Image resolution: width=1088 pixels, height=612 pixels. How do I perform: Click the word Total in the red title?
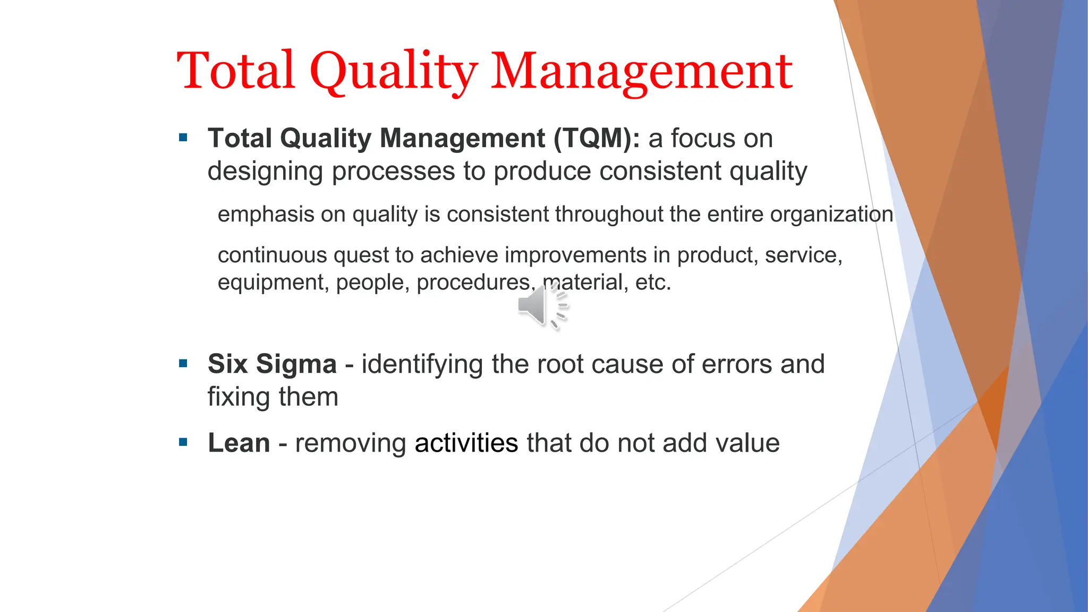pyautogui.click(x=236, y=70)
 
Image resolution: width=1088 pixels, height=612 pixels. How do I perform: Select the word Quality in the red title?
pyautogui.click(x=394, y=71)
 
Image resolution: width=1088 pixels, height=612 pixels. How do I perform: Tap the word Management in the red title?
pyautogui.click(x=641, y=71)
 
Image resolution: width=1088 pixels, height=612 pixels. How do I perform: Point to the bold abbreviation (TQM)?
pyautogui.click(x=597, y=138)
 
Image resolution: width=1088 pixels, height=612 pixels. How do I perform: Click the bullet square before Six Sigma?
pyautogui.click(x=183, y=364)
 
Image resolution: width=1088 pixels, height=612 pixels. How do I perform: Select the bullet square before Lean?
pyautogui.click(x=183, y=442)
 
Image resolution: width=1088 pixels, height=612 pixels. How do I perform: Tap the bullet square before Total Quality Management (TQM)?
pyautogui.click(x=183, y=138)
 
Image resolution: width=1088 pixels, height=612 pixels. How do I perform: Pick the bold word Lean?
pyautogui.click(x=239, y=443)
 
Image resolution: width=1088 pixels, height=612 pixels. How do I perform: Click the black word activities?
pyautogui.click(x=466, y=443)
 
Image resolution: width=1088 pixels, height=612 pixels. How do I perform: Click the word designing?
pyautogui.click(x=265, y=172)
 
